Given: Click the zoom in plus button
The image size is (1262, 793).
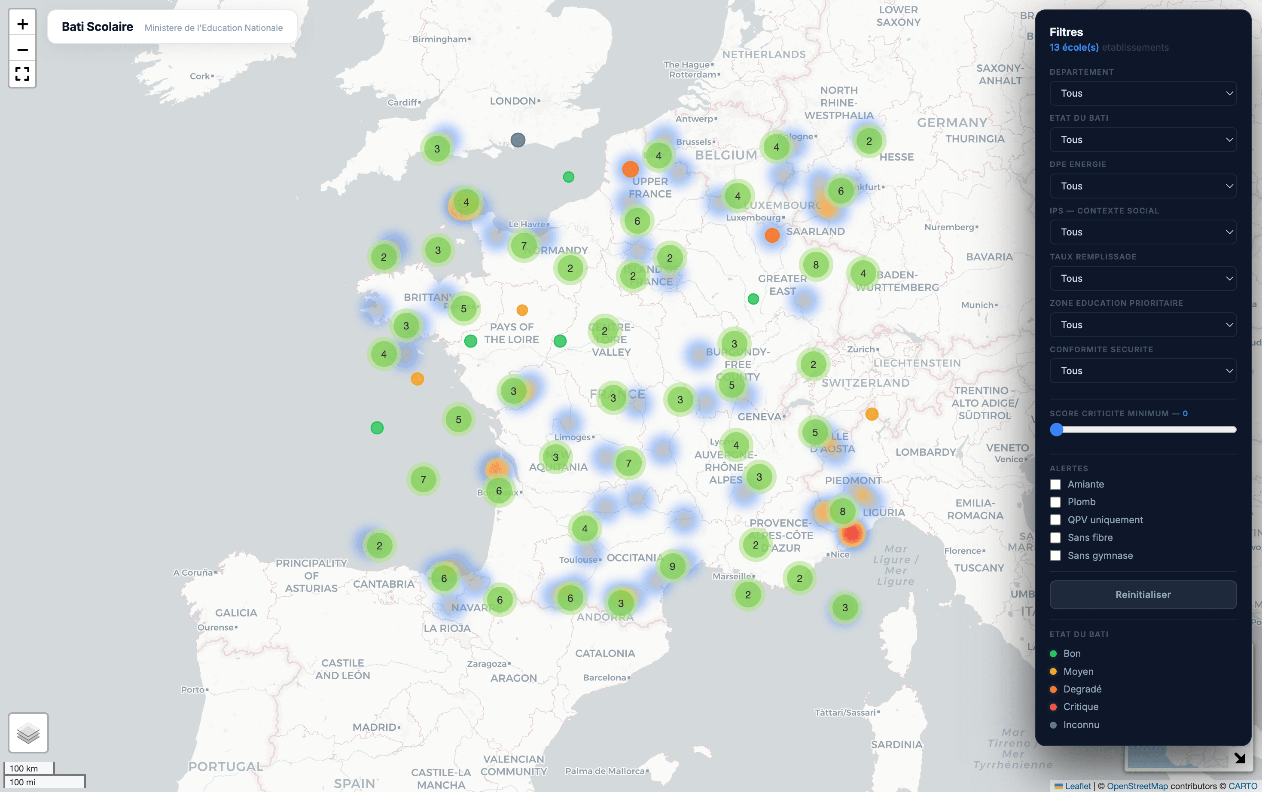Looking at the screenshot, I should [x=22, y=24].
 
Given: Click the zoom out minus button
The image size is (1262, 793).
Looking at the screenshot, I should [x=22, y=50].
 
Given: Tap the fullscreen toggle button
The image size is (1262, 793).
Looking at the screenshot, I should [x=22, y=74].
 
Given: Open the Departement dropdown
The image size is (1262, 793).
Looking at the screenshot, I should [x=1143, y=93].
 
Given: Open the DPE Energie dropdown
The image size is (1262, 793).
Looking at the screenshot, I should [x=1143, y=186].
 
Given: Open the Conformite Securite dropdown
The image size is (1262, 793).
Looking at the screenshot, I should [x=1143, y=371].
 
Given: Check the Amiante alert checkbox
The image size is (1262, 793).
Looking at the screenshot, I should [x=1055, y=484].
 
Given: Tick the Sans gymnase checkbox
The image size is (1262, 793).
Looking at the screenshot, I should [x=1055, y=555].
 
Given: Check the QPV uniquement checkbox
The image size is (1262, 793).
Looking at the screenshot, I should [x=1055, y=520].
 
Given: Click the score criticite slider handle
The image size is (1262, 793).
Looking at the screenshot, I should [x=1057, y=429].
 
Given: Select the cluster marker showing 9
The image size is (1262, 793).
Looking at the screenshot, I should [x=672, y=567].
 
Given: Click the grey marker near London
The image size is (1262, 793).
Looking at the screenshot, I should [x=518, y=140].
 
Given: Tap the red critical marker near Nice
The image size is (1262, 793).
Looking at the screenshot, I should [x=852, y=534].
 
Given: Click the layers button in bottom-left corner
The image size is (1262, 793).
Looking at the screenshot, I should [x=28, y=733].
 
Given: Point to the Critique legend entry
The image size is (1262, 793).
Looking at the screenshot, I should [x=1080, y=707].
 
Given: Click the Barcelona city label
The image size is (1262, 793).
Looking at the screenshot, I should [x=604, y=678].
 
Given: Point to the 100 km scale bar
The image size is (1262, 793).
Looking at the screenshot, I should [x=29, y=769].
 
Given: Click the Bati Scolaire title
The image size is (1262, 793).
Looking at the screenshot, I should [x=98, y=27].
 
